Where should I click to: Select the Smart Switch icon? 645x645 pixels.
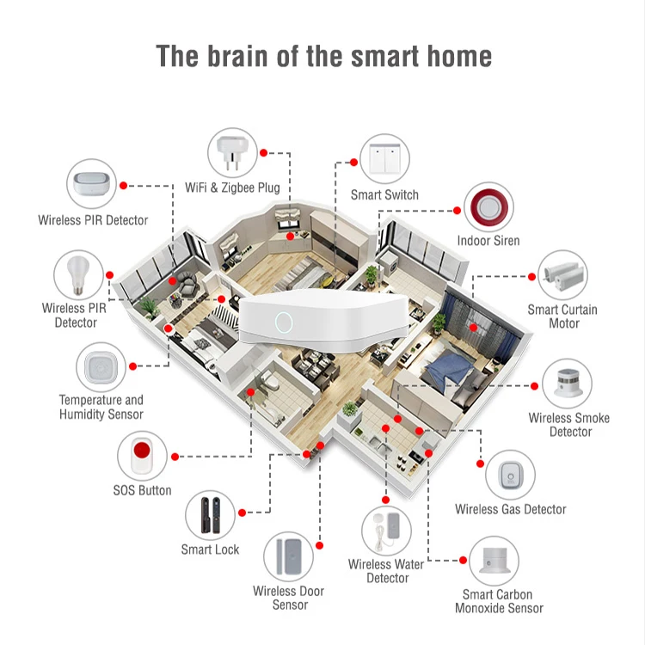tap(384, 159)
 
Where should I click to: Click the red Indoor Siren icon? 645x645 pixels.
tap(488, 206)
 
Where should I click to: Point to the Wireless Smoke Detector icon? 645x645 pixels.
tap(567, 384)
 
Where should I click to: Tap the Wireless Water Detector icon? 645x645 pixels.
tap(386, 531)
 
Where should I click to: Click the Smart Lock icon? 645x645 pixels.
tap(211, 514)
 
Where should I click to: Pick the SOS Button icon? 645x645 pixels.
tap(140, 456)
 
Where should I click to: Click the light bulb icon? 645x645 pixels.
tap(78, 274)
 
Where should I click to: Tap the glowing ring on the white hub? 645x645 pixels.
tap(281, 322)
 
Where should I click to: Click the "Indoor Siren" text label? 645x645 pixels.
tap(488, 241)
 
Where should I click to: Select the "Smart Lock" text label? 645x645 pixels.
tap(210, 550)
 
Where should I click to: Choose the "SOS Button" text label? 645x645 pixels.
tap(142, 490)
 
